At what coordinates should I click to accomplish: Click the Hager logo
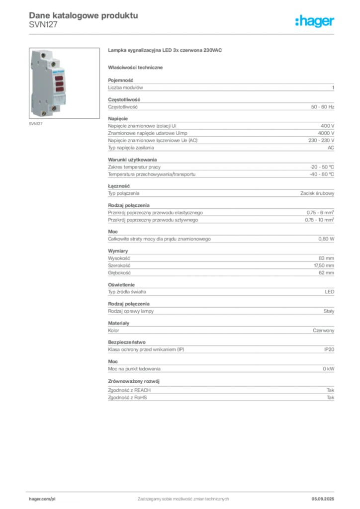314,21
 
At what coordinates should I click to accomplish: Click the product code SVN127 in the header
43,25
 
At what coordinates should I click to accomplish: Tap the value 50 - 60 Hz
322,107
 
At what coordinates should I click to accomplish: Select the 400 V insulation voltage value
327,126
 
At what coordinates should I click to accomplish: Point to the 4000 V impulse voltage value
326,133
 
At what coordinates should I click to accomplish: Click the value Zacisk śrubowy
317,193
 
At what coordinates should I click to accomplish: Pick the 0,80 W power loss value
326,239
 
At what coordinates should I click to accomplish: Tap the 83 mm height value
326,258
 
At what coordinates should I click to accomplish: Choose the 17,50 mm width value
324,265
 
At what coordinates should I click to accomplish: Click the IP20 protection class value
329,349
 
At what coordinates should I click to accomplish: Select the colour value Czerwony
323,331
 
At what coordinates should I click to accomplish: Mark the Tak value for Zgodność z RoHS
331,397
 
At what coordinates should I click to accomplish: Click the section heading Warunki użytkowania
132,160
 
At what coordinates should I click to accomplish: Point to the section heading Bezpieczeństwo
127,342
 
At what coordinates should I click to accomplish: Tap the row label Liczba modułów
125,87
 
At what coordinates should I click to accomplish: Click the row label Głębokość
119,273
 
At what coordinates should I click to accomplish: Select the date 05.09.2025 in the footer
323,499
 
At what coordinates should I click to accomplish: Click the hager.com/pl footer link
42,499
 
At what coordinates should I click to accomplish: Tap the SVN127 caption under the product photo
36,124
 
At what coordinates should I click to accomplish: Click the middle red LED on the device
59,84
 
